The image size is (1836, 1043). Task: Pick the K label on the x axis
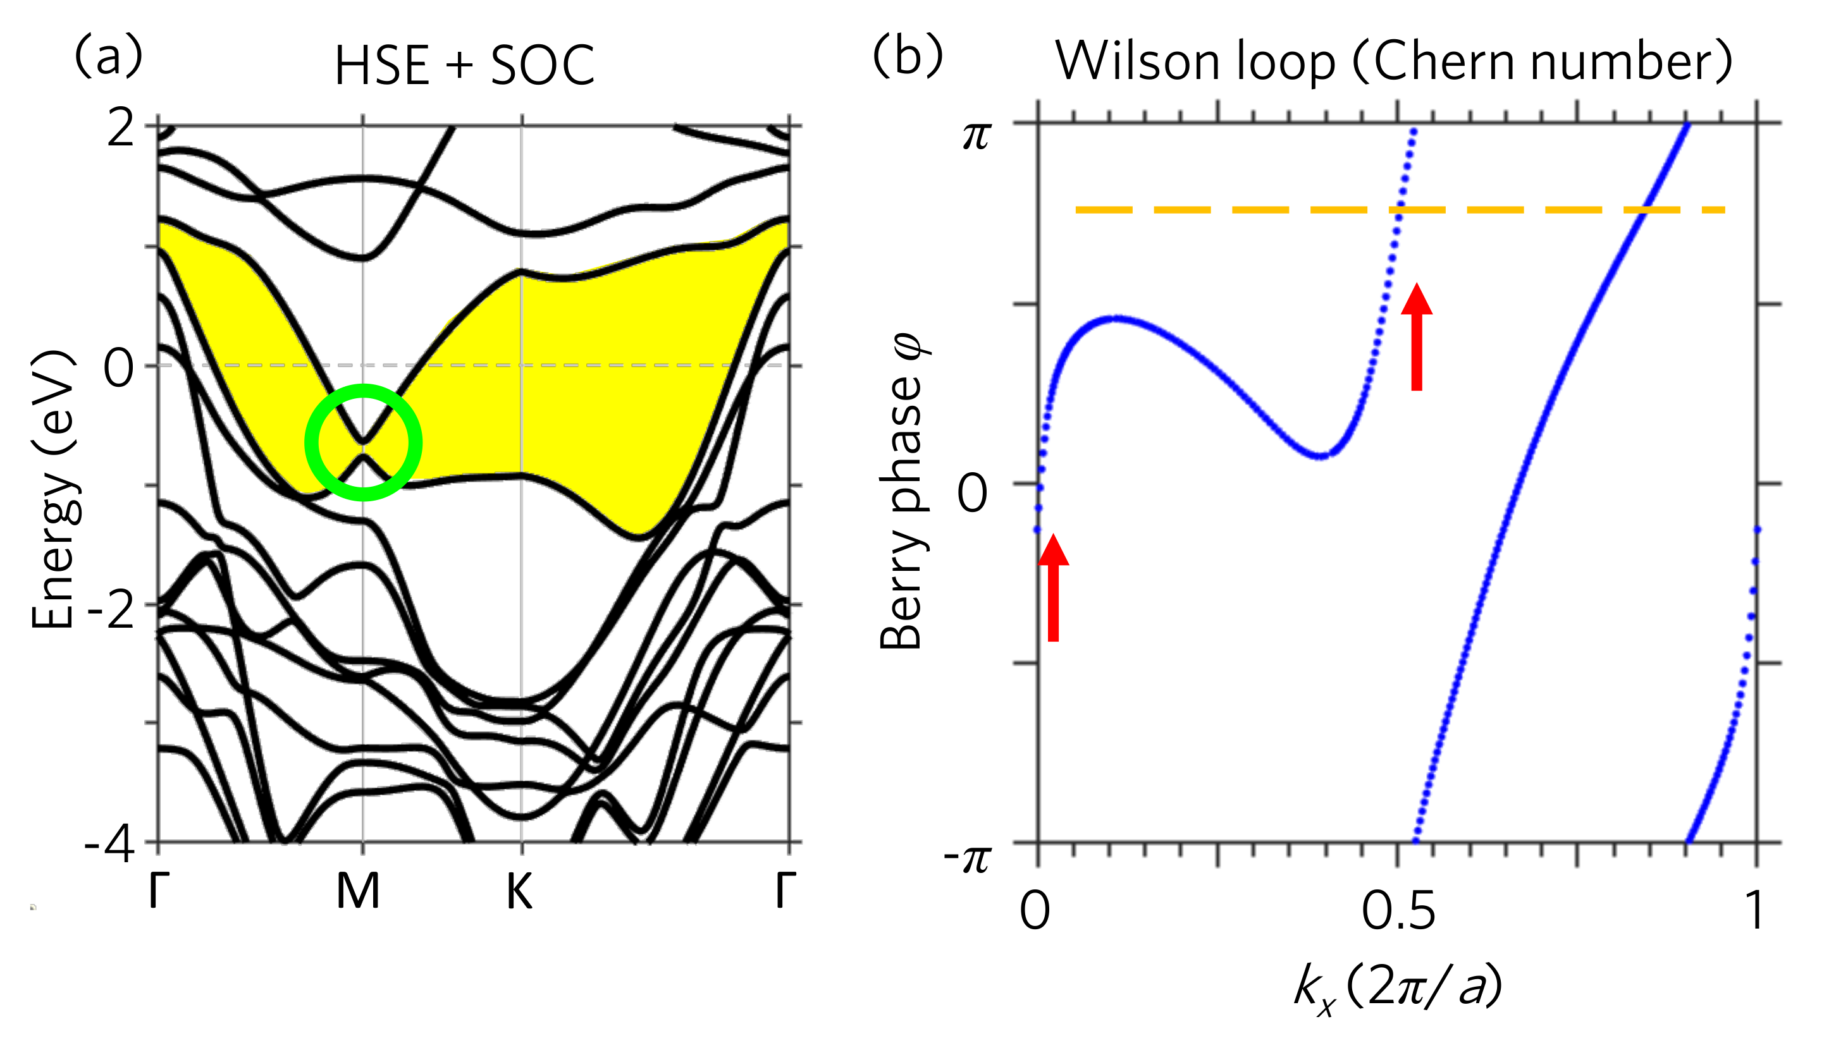click(519, 892)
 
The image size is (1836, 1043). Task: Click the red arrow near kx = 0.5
click(1416, 337)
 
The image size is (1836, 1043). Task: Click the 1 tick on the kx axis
click(1755, 911)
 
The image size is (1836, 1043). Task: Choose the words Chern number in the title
click(1541, 63)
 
